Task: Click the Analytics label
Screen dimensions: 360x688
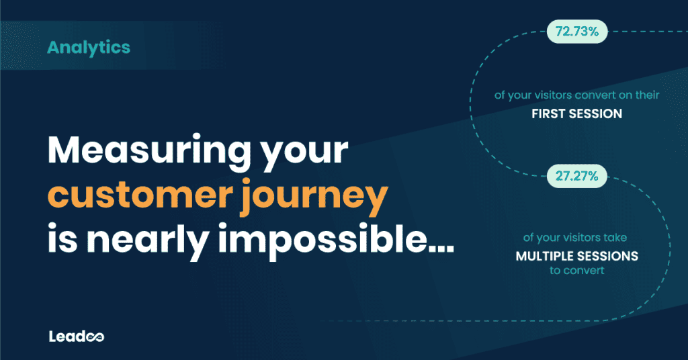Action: point(89,48)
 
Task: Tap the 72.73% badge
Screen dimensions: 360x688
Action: point(577,31)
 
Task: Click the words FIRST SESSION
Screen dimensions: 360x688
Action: point(576,114)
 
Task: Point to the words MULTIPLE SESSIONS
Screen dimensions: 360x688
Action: point(576,257)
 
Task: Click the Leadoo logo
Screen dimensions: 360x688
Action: point(76,336)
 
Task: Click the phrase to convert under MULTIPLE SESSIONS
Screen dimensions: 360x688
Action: point(576,271)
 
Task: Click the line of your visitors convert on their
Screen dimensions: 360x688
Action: point(576,95)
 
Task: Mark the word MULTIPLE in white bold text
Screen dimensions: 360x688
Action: point(546,257)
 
